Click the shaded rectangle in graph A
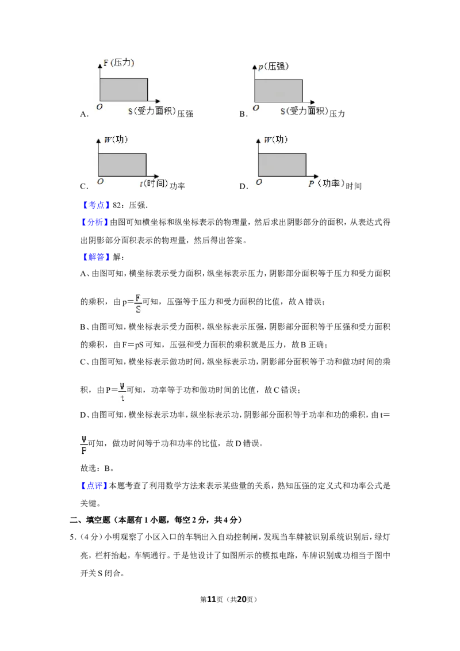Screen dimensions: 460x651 [x=124, y=90]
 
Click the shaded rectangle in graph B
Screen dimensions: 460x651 [x=278, y=91]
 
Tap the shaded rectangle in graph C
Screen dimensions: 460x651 [x=122, y=165]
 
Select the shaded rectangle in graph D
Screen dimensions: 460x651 [x=282, y=165]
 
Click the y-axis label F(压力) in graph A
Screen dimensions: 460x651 [x=118, y=63]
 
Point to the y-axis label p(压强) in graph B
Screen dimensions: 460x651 [x=273, y=67]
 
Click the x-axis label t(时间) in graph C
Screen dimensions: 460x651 [x=154, y=183]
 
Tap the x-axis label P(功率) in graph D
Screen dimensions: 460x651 [x=327, y=183]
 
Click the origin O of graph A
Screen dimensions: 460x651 [x=99, y=107]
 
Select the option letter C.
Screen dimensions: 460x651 [x=84, y=186]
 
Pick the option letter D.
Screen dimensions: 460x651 [x=243, y=186]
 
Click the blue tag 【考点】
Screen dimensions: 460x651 [x=96, y=205]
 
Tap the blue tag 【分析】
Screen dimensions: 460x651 [x=95, y=223]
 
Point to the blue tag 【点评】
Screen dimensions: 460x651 [x=95, y=486]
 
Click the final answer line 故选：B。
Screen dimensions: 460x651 [x=97, y=468]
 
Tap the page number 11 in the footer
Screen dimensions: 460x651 [x=212, y=599]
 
